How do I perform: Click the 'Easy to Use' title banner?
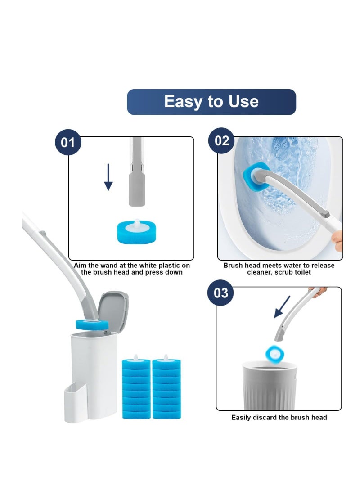pos(211,102)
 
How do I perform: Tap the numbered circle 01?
pos(68,142)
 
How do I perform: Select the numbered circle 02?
pos(222,140)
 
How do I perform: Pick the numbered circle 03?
pos(220,293)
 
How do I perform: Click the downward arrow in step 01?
pos(108,177)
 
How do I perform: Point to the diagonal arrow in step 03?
pos(282,307)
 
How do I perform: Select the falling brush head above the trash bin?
pos(275,354)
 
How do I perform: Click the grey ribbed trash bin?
pos(270,385)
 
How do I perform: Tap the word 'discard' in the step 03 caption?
pos(265,417)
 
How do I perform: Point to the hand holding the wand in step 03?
pos(318,291)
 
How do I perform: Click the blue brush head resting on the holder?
pos(92,324)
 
